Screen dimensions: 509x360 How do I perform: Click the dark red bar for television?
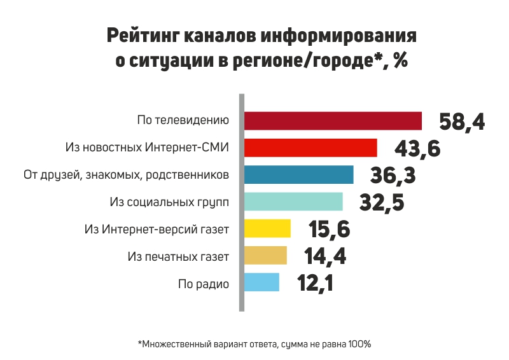point(333,121)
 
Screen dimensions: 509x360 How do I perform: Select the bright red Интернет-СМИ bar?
point(310,148)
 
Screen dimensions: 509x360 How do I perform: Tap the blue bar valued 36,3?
point(298,175)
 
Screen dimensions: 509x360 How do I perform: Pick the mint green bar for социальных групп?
point(293,202)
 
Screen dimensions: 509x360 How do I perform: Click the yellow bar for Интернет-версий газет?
point(267,228)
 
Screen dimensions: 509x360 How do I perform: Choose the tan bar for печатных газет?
point(265,256)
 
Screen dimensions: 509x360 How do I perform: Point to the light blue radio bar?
point(261,282)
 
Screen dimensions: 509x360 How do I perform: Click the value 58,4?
point(462,122)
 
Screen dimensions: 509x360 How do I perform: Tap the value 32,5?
point(382,203)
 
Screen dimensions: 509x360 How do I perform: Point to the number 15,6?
point(330,230)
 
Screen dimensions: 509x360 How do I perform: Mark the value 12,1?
point(315,284)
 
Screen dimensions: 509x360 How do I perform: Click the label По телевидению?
point(183,120)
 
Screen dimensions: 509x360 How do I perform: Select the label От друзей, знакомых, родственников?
point(126,175)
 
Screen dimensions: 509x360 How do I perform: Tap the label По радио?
point(204,284)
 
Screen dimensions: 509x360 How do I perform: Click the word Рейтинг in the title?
point(143,36)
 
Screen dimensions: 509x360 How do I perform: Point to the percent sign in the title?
point(400,60)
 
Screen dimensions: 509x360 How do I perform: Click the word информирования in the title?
point(338,36)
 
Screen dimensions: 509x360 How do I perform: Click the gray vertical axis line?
point(242,202)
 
